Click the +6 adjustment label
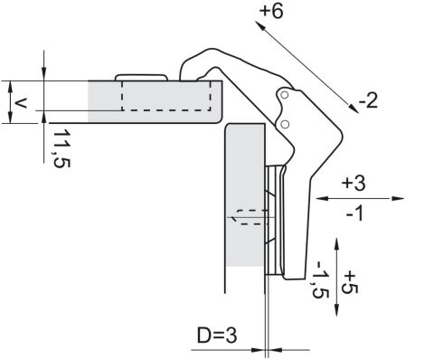point(271,12)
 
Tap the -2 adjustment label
point(368,100)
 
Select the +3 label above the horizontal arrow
point(354,183)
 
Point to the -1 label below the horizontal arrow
point(355,214)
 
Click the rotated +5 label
point(350,282)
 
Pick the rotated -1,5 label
point(320,279)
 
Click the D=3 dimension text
point(217,336)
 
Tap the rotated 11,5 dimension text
point(61,148)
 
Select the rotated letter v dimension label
point(21,104)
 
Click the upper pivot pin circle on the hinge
point(284,95)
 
